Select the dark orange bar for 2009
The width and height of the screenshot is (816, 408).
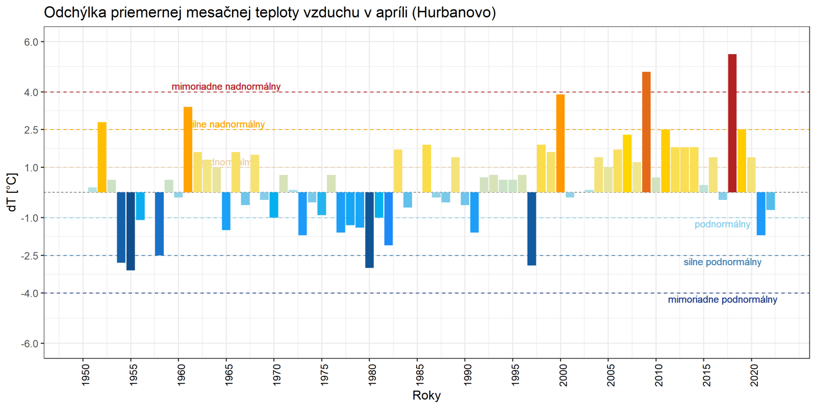pyautogui.click(x=646, y=132)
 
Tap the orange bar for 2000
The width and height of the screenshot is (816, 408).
pyautogui.click(x=560, y=143)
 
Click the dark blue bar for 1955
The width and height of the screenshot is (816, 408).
pyautogui.click(x=131, y=231)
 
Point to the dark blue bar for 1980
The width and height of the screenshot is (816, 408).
pyautogui.click(x=369, y=230)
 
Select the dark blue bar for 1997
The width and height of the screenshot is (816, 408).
pyautogui.click(x=531, y=228)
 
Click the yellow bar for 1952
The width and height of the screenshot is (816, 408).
pyautogui.click(x=102, y=157)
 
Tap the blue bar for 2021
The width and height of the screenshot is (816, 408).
pyautogui.click(x=761, y=214)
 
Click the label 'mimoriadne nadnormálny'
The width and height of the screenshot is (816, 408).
pyautogui.click(x=226, y=87)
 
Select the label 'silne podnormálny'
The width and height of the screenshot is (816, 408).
pyautogui.click(x=722, y=262)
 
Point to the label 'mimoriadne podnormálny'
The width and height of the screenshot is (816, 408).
pyautogui.click(x=722, y=299)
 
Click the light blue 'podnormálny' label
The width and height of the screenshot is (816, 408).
pyautogui.click(x=722, y=224)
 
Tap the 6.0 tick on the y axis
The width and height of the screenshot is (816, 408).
pyautogui.click(x=32, y=42)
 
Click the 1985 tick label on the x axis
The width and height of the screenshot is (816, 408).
pyautogui.click(x=420, y=374)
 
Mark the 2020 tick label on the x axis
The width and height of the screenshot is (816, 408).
pyautogui.click(x=754, y=374)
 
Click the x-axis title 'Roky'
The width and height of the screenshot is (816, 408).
pyautogui.click(x=426, y=395)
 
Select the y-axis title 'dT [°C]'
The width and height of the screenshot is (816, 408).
pyautogui.click(x=12, y=192)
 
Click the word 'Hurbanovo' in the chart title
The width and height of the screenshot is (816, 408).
pyautogui.click(x=453, y=12)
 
